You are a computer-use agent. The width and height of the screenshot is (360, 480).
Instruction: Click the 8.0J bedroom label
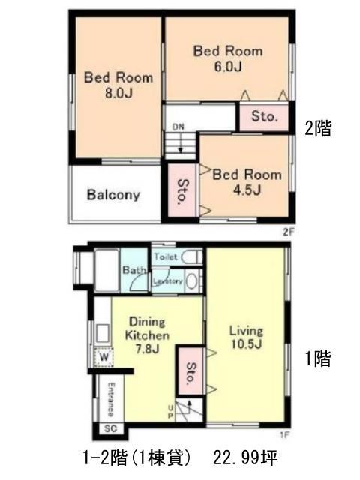pyautogui.click(x=118, y=85)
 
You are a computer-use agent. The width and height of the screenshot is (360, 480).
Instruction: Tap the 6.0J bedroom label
pyautogui.click(x=228, y=58)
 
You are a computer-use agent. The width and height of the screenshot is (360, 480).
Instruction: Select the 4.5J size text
pyautogui.click(x=247, y=190)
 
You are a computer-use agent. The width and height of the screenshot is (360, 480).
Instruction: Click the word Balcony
pyautogui.click(x=113, y=195)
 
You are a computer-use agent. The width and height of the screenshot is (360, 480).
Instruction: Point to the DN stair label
pyautogui.click(x=178, y=127)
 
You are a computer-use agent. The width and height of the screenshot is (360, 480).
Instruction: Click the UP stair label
pyautogui.click(x=170, y=412)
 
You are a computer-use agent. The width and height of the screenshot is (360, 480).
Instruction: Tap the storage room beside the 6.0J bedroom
pyautogui.click(x=264, y=117)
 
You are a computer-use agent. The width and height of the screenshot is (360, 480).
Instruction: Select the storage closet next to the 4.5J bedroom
pyautogui.click(x=182, y=190)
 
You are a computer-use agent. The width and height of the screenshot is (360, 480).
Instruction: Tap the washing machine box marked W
pyautogui.click(x=104, y=357)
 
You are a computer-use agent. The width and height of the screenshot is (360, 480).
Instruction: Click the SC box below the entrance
pyautogui.click(x=111, y=428)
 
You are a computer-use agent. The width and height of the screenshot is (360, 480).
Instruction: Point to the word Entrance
pyautogui.click(x=111, y=399)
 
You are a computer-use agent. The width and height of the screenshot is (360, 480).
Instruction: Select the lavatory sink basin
pyautogui.click(x=192, y=281)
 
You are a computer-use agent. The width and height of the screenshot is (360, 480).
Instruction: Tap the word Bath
pyautogui.click(x=133, y=270)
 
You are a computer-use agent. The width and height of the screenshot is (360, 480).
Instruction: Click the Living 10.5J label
pyautogui.click(x=247, y=337)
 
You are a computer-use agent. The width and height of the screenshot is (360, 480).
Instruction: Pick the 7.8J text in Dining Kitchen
pyautogui.click(x=147, y=348)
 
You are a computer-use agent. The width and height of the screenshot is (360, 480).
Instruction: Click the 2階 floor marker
pyautogui.click(x=318, y=128)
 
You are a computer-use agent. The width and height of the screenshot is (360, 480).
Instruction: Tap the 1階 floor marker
pyautogui.click(x=318, y=358)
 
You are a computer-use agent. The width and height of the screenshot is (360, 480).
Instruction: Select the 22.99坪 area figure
pyautogui.click(x=245, y=458)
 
